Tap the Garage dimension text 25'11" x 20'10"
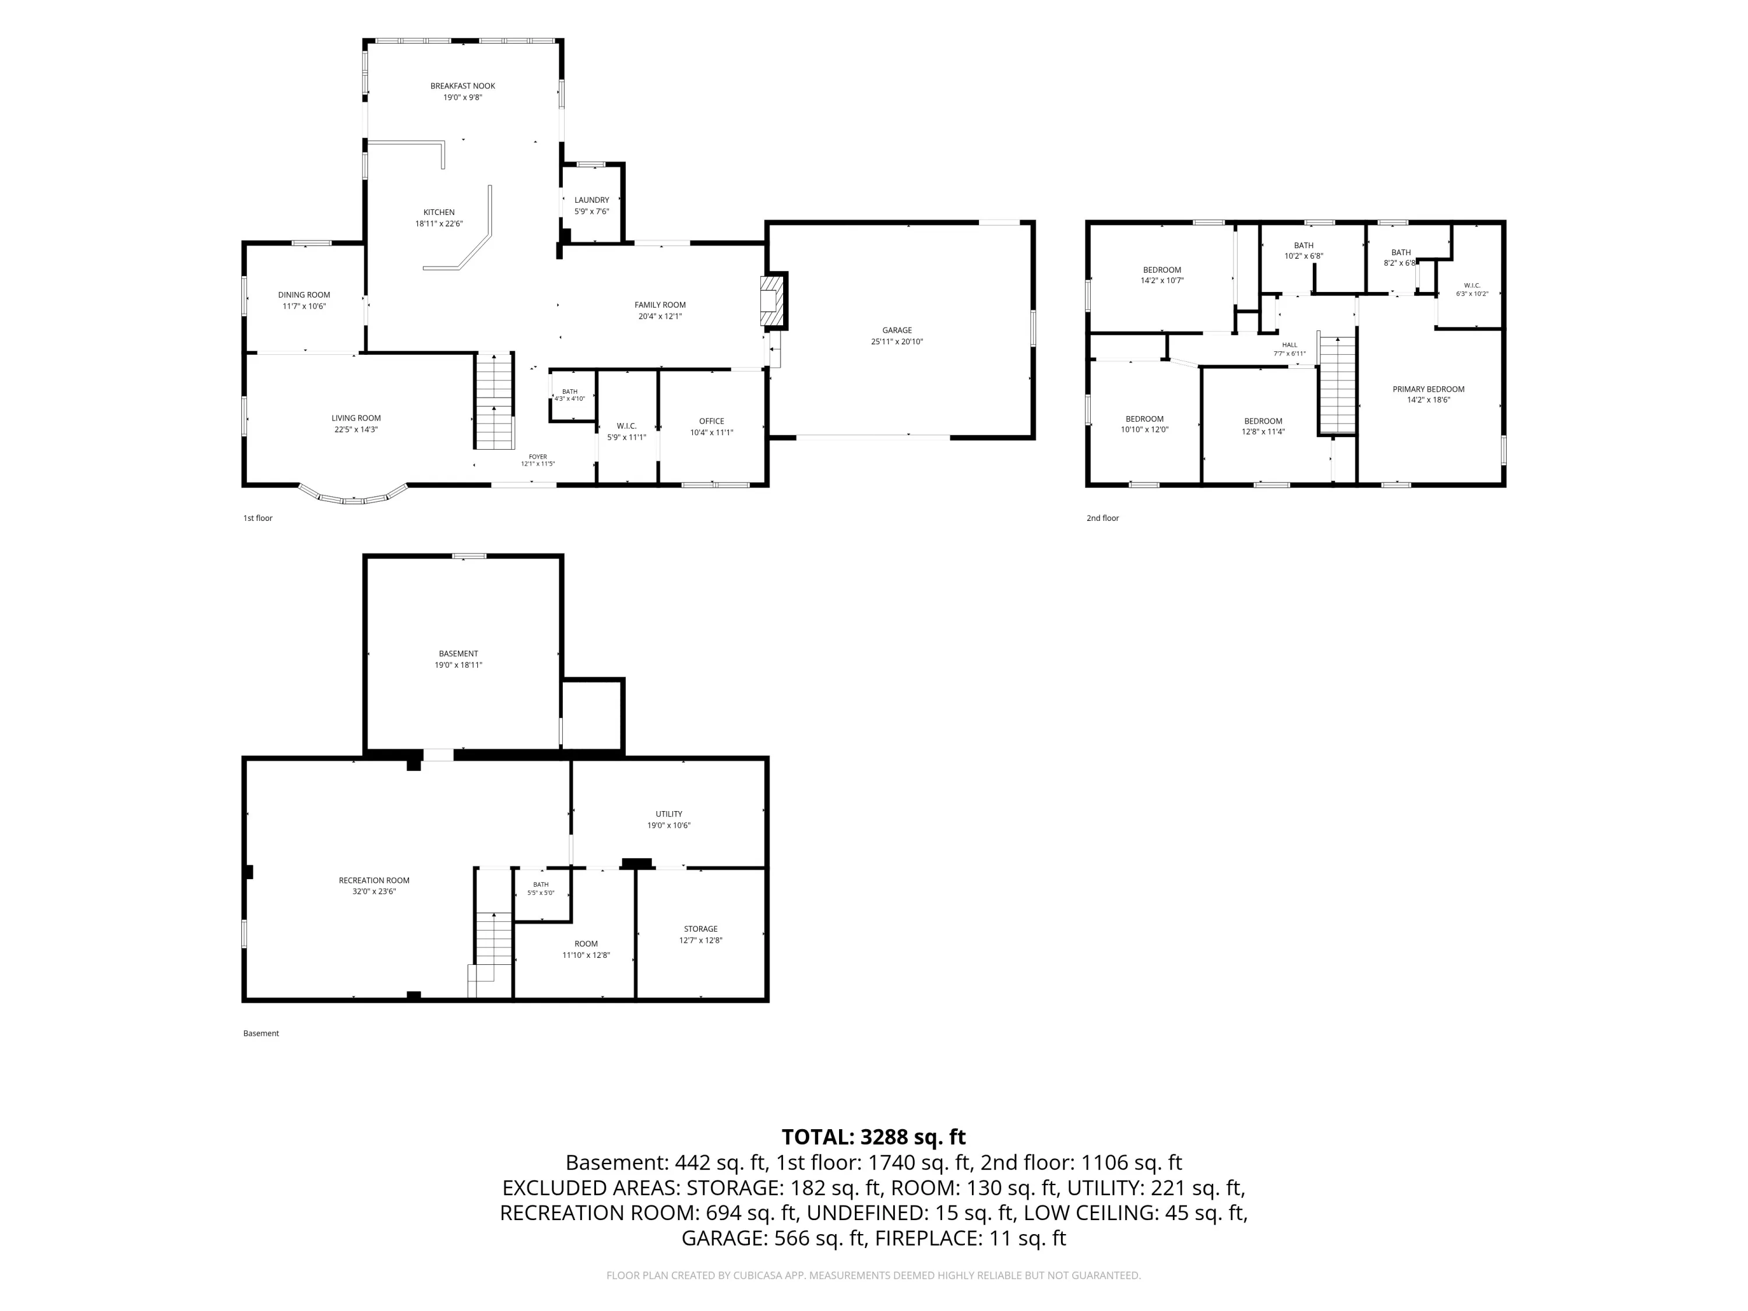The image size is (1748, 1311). [897, 342]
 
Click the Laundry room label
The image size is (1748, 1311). [592, 200]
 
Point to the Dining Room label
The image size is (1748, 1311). [304, 295]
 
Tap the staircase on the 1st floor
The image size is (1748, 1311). [495, 401]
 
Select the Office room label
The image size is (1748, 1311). [711, 421]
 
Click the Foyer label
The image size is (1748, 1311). [537, 457]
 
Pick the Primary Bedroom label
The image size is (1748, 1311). [1428, 389]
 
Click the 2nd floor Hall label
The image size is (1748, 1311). [1289, 344]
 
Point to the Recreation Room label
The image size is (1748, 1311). [374, 880]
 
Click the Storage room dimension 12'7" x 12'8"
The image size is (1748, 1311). [701, 940]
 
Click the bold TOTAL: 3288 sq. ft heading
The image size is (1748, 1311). [873, 1137]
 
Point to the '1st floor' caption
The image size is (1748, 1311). [258, 519]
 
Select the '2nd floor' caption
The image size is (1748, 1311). [1102, 519]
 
